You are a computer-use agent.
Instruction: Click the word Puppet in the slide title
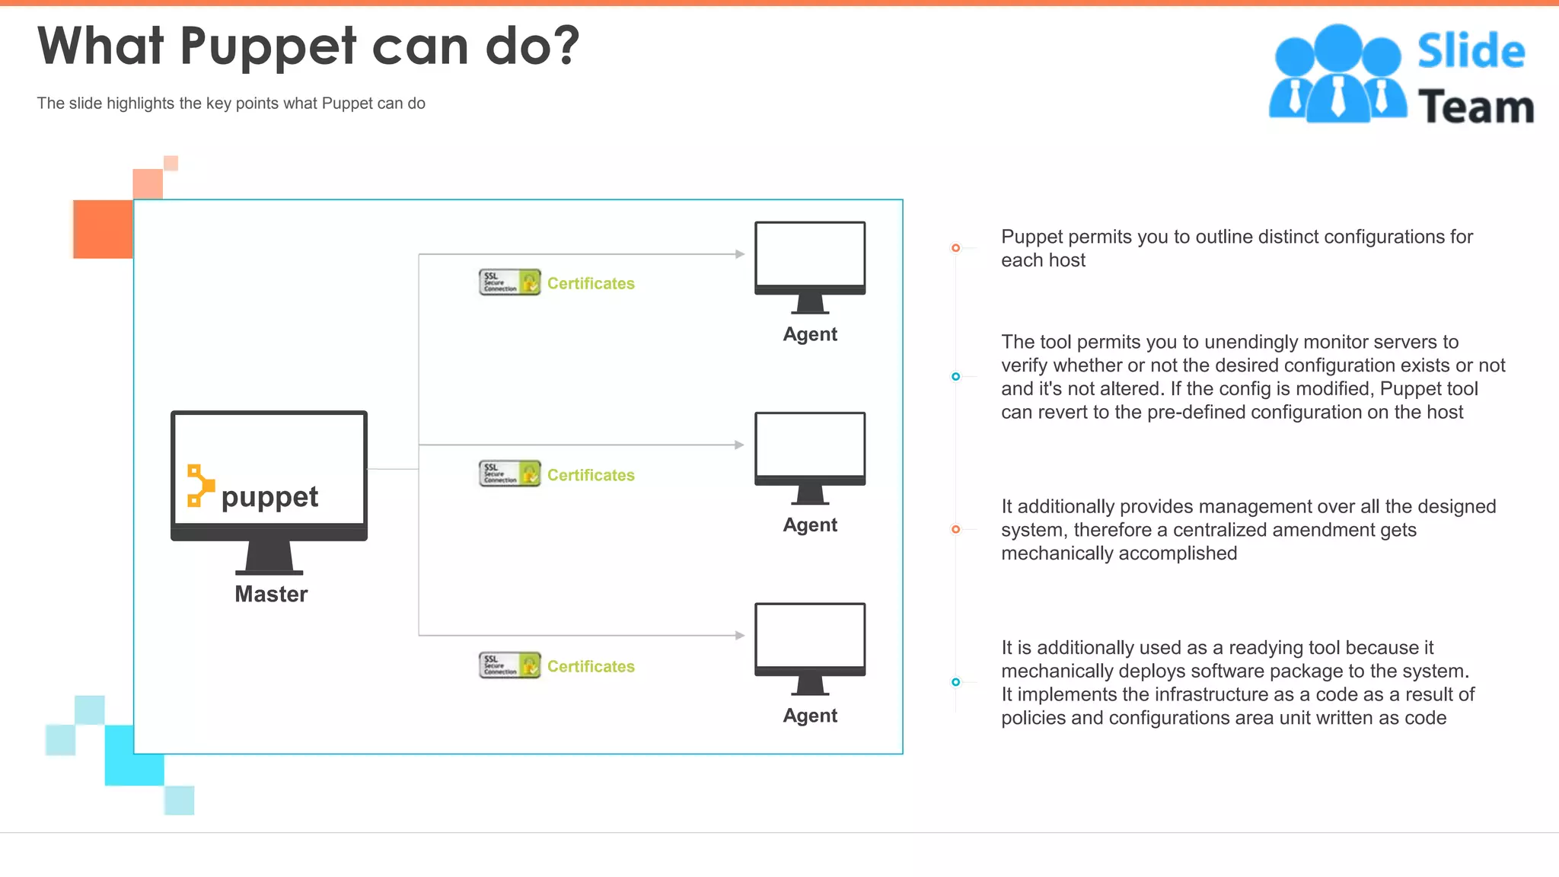268,47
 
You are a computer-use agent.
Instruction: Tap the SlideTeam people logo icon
1337,75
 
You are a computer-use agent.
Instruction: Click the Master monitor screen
269,468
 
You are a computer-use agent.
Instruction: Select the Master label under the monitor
271,594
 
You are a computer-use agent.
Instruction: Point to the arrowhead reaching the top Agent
739,254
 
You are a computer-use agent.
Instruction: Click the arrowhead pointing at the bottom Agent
739,635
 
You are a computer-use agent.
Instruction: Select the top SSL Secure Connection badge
509,282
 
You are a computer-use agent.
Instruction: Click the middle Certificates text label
591,475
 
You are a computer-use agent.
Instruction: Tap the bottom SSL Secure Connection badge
509,665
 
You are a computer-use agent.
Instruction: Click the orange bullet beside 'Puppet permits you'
955,248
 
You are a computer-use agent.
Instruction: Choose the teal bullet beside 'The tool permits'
955,377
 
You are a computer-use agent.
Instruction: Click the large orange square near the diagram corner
103,229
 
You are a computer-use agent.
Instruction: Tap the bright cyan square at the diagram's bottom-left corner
134,755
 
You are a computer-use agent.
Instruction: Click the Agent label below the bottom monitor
810,716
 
